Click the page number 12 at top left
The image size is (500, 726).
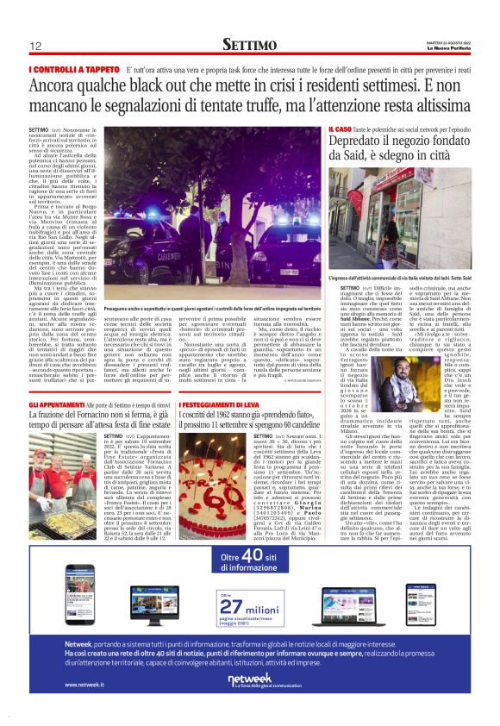click(x=35, y=46)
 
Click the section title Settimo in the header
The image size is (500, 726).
click(x=249, y=44)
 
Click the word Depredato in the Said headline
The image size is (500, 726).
click(x=354, y=141)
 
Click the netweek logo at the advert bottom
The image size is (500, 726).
click(x=248, y=679)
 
